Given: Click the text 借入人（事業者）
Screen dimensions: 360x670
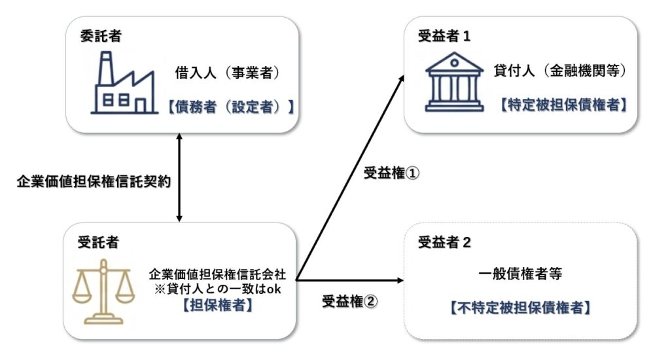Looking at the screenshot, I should point(228,73).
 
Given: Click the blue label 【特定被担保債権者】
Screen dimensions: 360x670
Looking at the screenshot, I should point(561,103).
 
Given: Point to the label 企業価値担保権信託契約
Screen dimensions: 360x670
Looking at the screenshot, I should point(94,181).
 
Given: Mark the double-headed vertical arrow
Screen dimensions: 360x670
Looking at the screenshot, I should point(179,177).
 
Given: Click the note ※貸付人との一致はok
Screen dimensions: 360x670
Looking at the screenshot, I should point(215,290).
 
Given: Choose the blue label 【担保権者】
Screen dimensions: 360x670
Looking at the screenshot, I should point(217,305).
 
